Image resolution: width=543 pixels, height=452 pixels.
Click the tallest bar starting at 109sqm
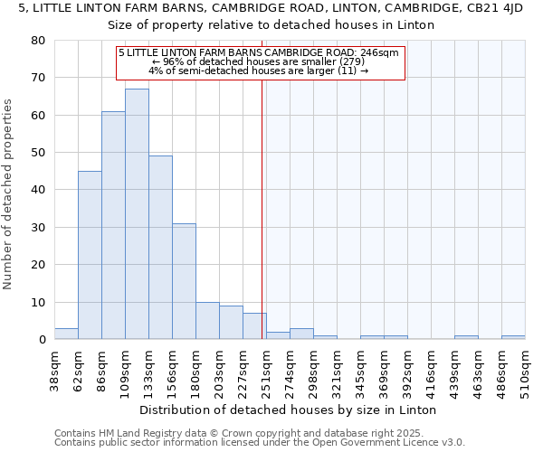[137, 214]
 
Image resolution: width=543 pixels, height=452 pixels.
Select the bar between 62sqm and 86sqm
[90, 255]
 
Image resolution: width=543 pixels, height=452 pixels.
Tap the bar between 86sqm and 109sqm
[113, 225]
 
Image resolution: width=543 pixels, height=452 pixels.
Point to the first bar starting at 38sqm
[66, 334]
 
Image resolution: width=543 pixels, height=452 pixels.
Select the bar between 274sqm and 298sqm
[301, 334]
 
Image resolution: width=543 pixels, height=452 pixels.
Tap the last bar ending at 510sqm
[513, 337]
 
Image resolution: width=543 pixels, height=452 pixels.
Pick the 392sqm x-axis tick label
[407, 371]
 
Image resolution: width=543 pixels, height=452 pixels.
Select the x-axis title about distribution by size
[289, 410]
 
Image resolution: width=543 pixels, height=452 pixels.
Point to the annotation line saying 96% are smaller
[261, 61]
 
